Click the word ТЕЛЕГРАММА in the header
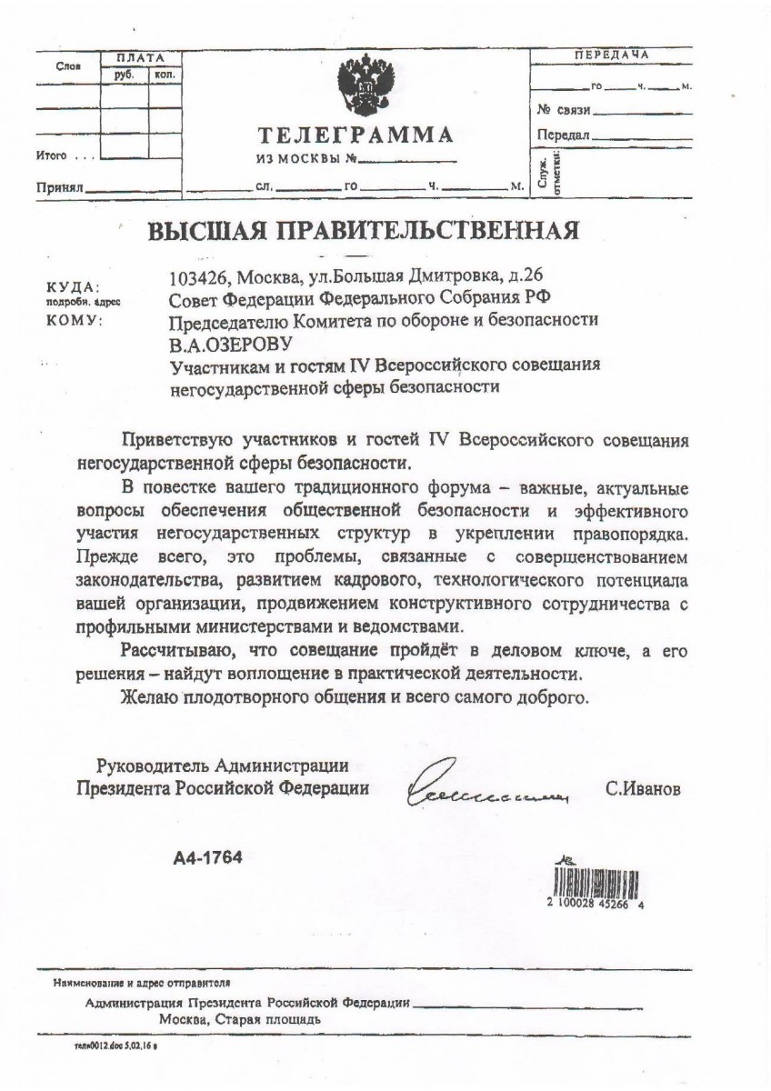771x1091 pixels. pyautogui.click(x=355, y=136)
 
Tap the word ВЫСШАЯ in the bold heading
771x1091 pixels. pyautogui.click(x=201, y=229)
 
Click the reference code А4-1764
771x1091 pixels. pyautogui.click(x=208, y=856)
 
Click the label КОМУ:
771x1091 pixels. pyautogui.click(x=76, y=319)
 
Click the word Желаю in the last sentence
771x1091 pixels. pyautogui.click(x=149, y=698)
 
